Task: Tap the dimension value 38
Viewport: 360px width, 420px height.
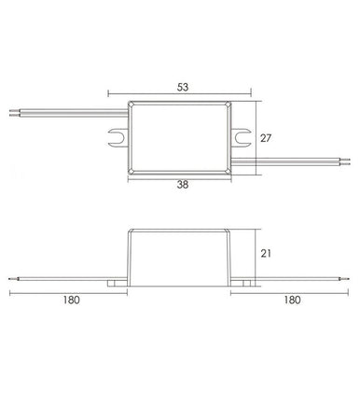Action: click(181, 186)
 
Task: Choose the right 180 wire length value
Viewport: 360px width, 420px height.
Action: click(291, 301)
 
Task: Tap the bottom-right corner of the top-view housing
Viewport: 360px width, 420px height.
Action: click(230, 173)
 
